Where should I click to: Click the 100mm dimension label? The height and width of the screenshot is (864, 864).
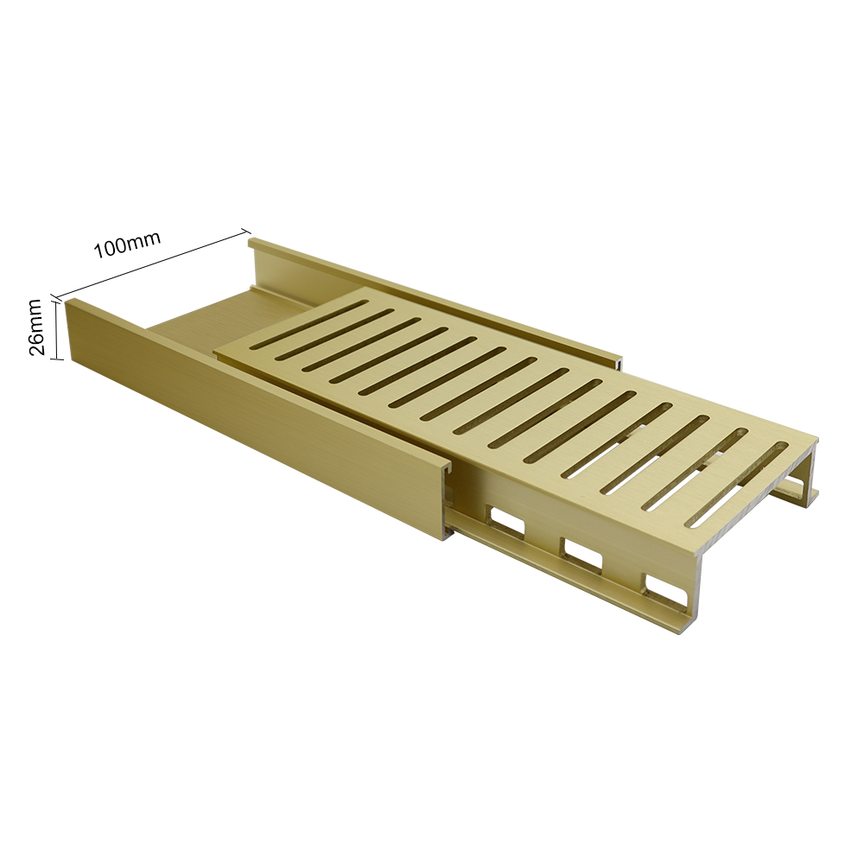point(127,245)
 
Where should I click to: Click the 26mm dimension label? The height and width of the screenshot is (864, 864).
point(35,327)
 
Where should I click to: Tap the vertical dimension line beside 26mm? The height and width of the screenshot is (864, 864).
point(54,330)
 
